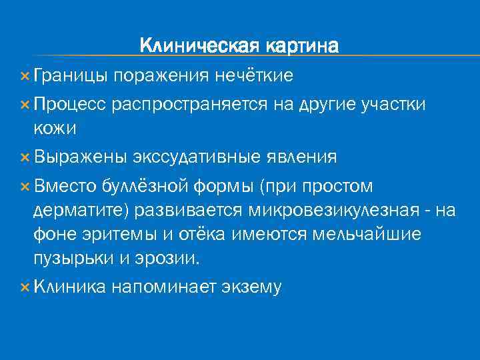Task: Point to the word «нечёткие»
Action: coord(253,76)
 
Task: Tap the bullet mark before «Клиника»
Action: coord(25,287)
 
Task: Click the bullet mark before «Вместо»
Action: coord(25,185)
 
